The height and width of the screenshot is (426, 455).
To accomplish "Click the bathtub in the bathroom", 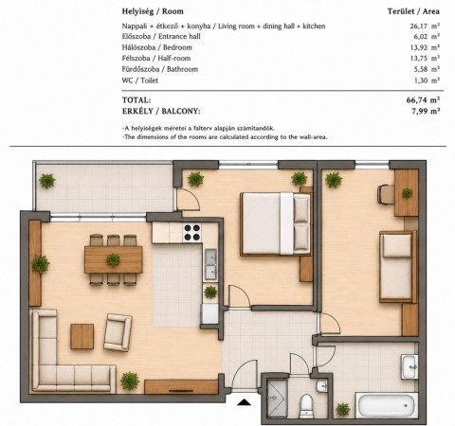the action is click(387, 406).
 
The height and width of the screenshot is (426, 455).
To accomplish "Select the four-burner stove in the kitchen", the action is click(192, 232).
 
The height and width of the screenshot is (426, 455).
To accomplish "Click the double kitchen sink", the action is click(210, 265).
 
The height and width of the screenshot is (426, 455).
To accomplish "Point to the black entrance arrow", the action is click(244, 401).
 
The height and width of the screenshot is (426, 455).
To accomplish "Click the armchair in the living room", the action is click(118, 332).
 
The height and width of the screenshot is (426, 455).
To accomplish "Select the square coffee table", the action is click(82, 336).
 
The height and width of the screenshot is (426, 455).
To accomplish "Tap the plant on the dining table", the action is click(113, 259).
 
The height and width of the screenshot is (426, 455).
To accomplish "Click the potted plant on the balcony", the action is click(47, 181).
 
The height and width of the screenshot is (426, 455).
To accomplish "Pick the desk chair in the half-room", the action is click(386, 194).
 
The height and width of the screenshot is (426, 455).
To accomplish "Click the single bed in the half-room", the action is click(398, 267).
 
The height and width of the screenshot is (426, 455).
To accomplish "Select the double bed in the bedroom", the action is click(275, 224).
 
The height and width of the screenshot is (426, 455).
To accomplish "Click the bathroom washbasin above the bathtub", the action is click(409, 366).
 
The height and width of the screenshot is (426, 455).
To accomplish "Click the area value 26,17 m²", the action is click(425, 26).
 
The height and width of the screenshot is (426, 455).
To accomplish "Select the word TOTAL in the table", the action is click(136, 100).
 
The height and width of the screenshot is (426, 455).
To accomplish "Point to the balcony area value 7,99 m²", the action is click(426, 111).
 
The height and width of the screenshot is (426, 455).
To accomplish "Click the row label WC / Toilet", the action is click(140, 80).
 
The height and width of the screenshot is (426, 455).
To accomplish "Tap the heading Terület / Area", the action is click(413, 11).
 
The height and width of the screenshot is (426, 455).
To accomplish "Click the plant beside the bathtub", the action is click(343, 410).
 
